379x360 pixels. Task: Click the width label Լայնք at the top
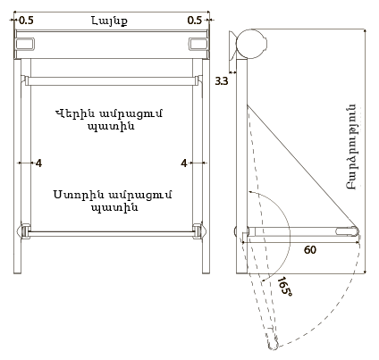[x=109, y=21]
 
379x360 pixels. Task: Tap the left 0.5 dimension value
[x=26, y=21]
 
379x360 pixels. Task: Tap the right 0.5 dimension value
[x=195, y=21]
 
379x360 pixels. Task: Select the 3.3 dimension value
[x=222, y=80]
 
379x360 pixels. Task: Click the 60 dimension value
[x=310, y=249]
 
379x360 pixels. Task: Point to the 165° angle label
[x=284, y=286]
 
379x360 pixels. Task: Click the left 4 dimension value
[x=38, y=163]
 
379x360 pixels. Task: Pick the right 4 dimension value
[x=184, y=163]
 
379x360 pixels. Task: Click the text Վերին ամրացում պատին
[x=110, y=120]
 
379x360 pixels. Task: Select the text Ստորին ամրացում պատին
[x=113, y=201]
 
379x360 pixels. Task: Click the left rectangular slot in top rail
[x=25, y=45]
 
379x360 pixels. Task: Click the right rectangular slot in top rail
[x=198, y=45]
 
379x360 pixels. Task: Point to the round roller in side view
[x=251, y=44]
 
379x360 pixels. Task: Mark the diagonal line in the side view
[x=302, y=167]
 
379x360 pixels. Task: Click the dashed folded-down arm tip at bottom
[x=274, y=347]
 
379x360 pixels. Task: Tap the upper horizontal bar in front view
[x=112, y=81]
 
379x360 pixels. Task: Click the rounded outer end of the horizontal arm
[x=355, y=231]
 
